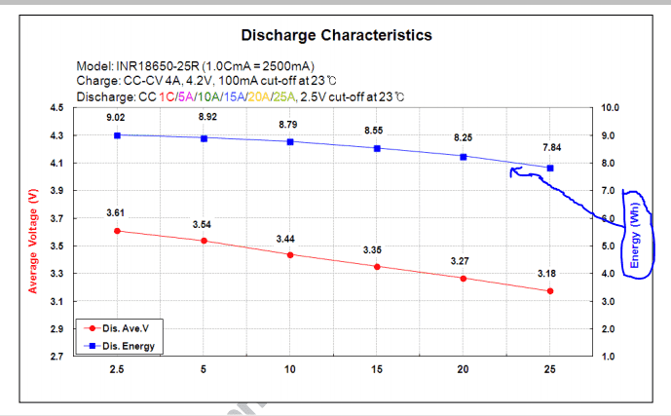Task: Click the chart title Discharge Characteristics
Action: coord(336,35)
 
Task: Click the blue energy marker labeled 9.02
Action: coord(117,135)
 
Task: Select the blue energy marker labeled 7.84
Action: coord(550,168)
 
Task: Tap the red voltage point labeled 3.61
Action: coord(117,231)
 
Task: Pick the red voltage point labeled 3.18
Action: coord(550,290)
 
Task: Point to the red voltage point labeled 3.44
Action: coord(290,255)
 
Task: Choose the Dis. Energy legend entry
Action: coord(120,345)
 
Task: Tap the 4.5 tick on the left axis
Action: coord(57,108)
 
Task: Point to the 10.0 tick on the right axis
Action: coord(611,108)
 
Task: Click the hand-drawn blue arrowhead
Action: coord(512,171)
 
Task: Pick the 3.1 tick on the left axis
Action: coord(57,301)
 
